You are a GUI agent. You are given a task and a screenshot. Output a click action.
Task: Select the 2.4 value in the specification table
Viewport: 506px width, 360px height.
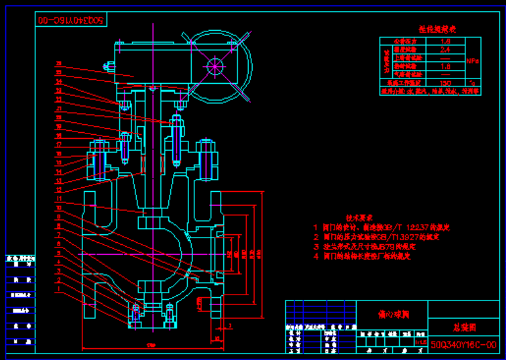point(445,50)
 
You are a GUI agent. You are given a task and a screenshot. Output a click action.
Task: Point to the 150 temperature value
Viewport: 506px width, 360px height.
point(445,84)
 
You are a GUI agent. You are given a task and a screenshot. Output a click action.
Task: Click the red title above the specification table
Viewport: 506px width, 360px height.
point(437,29)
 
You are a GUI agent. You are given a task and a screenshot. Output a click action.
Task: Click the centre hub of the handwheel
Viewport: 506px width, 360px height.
point(214,65)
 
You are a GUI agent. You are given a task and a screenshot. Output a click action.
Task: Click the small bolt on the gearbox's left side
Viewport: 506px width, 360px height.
point(110,65)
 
